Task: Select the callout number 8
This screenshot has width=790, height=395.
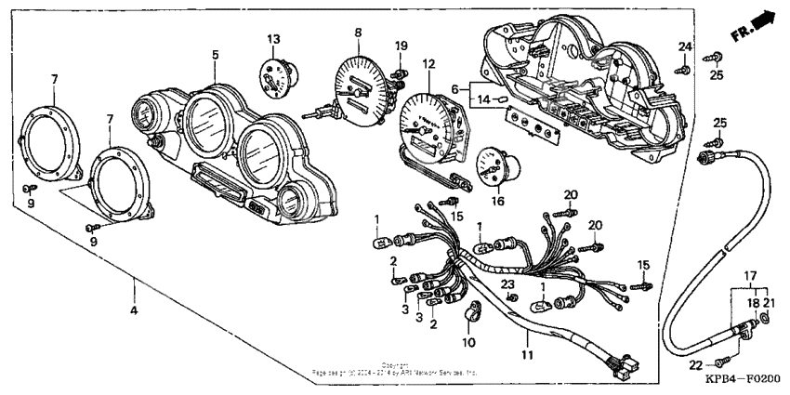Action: (x=357, y=33)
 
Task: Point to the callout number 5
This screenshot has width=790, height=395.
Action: (x=215, y=55)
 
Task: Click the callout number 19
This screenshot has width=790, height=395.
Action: (x=401, y=46)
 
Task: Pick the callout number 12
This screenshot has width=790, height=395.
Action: (x=428, y=64)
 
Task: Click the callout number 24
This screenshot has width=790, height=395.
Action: (x=685, y=47)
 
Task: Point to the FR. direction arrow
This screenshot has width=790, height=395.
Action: (x=752, y=27)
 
